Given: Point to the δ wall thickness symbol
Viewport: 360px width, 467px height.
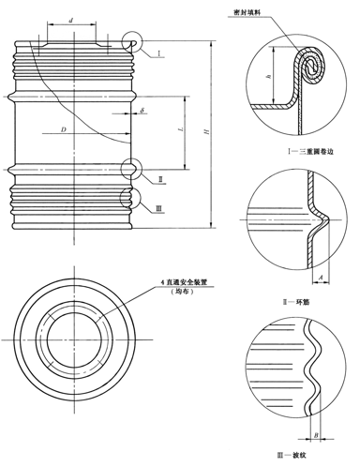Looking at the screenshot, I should [142, 111].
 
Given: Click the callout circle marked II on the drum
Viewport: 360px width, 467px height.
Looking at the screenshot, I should [133, 167].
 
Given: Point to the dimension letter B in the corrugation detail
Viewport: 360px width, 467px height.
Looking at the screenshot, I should [315, 433].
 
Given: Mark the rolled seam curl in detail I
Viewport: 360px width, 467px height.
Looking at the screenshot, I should [313, 66].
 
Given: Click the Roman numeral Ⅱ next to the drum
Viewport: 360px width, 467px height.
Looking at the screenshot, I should [160, 177].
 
